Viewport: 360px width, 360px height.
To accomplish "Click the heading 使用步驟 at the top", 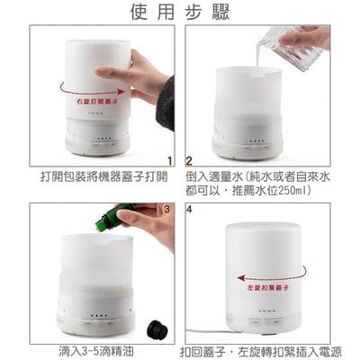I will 179,13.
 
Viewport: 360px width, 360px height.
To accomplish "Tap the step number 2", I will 190,162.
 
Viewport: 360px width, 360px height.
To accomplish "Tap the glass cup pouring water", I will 296,49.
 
